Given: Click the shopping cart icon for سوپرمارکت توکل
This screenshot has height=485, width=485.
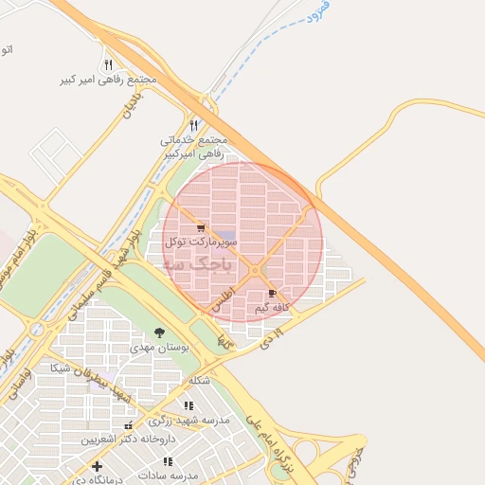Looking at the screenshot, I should pos(201,228).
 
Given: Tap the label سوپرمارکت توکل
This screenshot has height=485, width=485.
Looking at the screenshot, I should pos(196,242).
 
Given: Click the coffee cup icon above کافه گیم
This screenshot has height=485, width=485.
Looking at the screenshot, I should pos(273,295).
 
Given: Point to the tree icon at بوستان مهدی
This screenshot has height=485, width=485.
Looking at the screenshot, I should pos(159,332).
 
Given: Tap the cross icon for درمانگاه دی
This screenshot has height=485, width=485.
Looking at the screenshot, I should pos(97,466).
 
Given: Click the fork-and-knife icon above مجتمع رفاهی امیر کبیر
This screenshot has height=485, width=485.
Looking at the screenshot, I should pos(108,64).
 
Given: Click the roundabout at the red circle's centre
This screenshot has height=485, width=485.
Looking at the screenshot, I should pos(255,271).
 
